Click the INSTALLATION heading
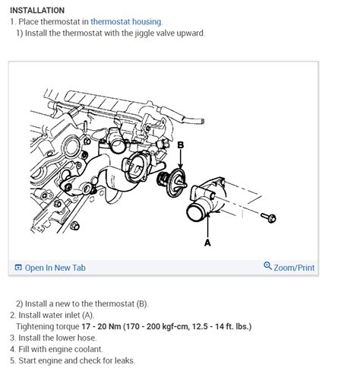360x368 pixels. [37, 11]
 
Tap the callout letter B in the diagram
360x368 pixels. [180, 144]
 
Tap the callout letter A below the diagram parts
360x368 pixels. [207, 243]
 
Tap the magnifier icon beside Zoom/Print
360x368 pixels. [267, 267]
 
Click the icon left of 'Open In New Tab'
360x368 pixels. [19, 268]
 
